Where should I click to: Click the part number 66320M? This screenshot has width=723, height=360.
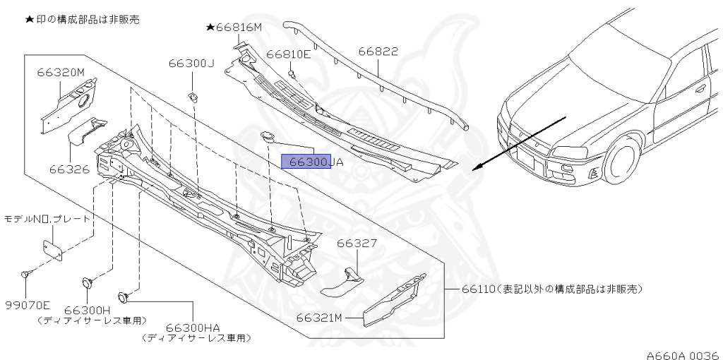click(61, 72)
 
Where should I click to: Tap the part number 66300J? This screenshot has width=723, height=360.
click(191, 63)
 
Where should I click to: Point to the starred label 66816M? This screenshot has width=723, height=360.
click(234, 28)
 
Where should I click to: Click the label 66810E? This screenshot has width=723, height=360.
click(288, 54)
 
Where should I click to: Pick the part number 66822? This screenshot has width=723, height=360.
click(378, 52)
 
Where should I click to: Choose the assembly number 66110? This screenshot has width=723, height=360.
click(478, 289)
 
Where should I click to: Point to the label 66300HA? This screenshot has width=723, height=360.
click(193, 328)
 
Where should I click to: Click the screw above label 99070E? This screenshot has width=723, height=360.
click(25, 274)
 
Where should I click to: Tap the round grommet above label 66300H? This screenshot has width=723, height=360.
click(88, 282)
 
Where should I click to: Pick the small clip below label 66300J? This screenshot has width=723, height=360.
click(192, 95)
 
